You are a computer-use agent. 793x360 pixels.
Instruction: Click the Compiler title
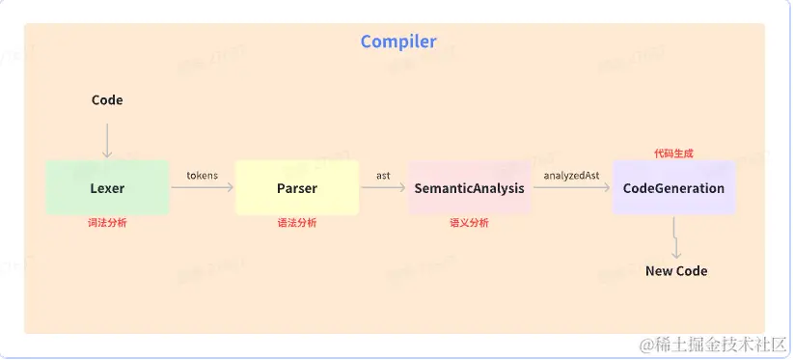point(397,42)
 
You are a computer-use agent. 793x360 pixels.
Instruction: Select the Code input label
point(107,99)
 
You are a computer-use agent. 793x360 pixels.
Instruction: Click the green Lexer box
point(107,187)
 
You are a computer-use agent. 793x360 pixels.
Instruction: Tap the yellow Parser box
point(297,187)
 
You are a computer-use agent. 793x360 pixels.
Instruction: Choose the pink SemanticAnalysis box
point(469,187)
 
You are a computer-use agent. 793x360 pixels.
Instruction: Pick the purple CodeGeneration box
point(673,187)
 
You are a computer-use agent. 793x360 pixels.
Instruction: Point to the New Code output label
point(675,271)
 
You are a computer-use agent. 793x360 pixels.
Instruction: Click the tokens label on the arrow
point(202,175)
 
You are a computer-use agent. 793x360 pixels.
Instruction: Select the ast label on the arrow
point(383,175)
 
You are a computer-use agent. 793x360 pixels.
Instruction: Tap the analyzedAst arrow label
point(571,175)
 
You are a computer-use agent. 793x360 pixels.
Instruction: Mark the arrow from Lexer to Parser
point(202,187)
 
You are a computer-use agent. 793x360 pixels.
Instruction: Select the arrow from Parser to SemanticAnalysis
point(383,187)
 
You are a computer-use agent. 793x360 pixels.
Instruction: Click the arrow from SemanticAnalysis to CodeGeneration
point(571,187)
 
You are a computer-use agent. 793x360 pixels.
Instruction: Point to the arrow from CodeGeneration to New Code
point(675,236)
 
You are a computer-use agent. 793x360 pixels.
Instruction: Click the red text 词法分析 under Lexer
point(107,223)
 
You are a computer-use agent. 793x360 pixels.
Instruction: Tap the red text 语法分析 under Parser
point(297,223)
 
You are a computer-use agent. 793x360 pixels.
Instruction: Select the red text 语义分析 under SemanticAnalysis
point(469,223)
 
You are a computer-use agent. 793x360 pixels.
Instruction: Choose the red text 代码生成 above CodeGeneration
point(673,152)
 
